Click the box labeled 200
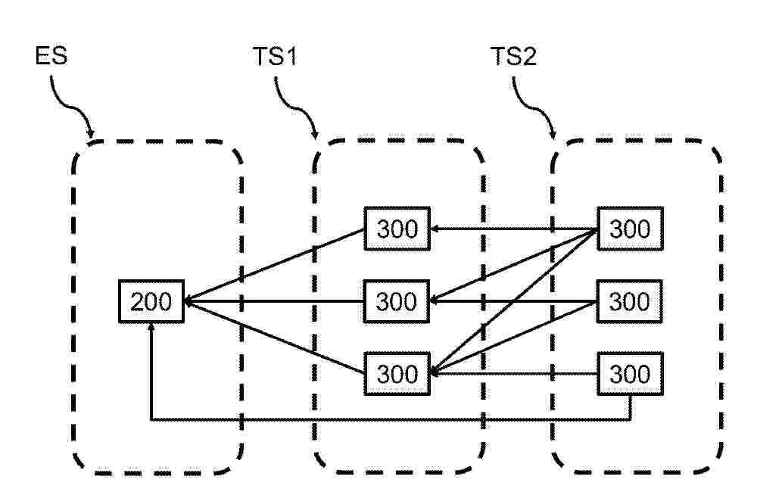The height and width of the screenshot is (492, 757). (x=151, y=301)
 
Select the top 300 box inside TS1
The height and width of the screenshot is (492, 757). (x=397, y=229)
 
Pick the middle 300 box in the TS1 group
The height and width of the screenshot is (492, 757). (x=397, y=301)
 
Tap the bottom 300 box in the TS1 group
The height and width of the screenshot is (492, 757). (x=397, y=374)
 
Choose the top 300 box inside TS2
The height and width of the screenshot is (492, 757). (x=630, y=229)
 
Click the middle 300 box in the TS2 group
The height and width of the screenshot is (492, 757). (x=630, y=301)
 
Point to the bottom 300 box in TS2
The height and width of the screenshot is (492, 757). (x=630, y=374)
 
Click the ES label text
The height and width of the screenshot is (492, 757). (x=51, y=55)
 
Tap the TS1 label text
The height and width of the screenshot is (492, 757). (x=276, y=56)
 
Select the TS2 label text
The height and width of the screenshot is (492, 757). (x=513, y=56)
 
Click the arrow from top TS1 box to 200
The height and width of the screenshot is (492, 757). (x=274, y=265)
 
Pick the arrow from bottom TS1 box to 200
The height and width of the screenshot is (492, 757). (x=274, y=337)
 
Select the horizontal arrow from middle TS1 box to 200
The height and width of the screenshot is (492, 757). (x=274, y=301)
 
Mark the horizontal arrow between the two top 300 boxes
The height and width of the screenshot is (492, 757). (x=514, y=229)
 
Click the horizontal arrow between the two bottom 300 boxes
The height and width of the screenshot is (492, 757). (x=514, y=374)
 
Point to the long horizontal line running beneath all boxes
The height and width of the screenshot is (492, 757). (x=391, y=419)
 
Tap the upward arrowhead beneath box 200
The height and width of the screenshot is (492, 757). (x=151, y=327)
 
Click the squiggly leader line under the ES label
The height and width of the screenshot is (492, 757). (x=71, y=106)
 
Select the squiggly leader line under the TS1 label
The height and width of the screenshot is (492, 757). (x=296, y=107)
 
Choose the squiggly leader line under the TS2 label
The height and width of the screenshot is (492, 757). (x=534, y=107)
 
